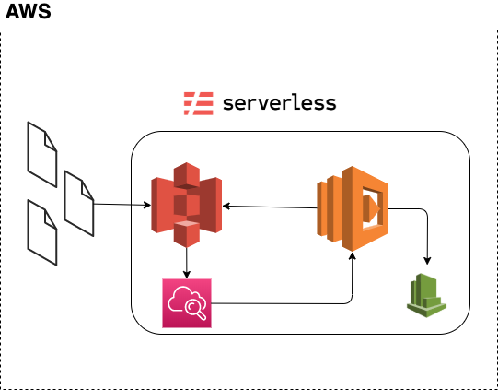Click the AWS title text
point(29,11)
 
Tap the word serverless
point(280,103)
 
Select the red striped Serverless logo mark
point(199,103)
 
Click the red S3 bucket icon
point(187,205)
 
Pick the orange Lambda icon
point(352,208)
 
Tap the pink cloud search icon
point(187,303)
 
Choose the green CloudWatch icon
point(426,295)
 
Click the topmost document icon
point(42,155)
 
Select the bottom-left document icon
point(42,232)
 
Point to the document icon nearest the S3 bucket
point(79,204)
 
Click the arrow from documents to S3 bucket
point(122,205)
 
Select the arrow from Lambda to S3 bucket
point(270,207)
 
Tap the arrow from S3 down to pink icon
point(187,263)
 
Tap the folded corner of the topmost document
point(51,141)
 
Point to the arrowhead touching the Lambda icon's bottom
point(352,255)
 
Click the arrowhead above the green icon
point(427,261)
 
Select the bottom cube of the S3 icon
point(187,234)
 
